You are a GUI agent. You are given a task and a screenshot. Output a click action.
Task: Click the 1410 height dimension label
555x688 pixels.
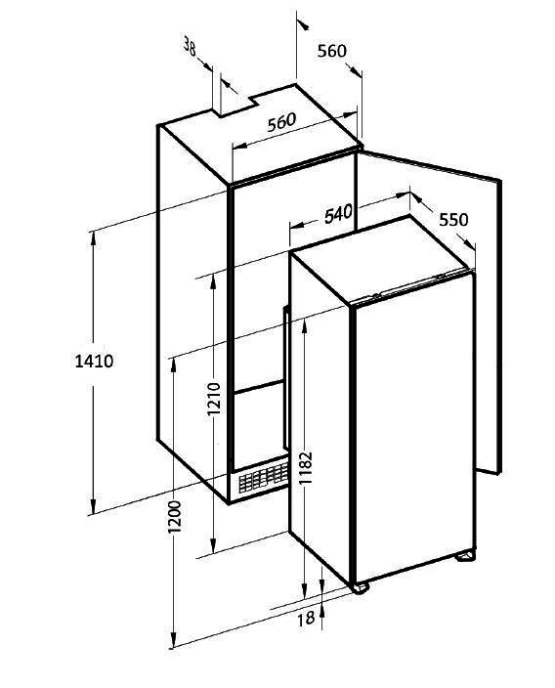[x=94, y=362]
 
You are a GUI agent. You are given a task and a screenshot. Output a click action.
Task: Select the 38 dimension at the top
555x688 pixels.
[x=190, y=47]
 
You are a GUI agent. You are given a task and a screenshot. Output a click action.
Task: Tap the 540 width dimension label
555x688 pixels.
[x=338, y=214]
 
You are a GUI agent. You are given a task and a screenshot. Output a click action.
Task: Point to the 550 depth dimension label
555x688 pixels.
[x=453, y=219]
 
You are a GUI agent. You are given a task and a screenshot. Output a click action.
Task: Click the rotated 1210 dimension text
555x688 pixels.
[x=214, y=399]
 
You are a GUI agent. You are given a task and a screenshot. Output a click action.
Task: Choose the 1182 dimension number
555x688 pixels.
[x=306, y=467]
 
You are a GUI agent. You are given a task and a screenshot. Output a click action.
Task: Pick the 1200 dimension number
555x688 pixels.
[x=174, y=516]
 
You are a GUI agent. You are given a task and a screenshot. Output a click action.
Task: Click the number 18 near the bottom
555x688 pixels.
[x=306, y=619]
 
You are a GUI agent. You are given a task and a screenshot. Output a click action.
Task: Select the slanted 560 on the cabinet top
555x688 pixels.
[x=281, y=122]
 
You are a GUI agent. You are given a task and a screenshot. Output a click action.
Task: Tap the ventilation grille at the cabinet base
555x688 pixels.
[x=263, y=477]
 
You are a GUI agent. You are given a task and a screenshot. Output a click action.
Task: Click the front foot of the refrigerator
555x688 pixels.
[x=360, y=587]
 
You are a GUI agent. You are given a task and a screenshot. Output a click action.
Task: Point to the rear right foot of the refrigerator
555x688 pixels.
[x=465, y=556]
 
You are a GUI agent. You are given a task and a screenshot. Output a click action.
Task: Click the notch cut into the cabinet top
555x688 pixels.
[x=237, y=106]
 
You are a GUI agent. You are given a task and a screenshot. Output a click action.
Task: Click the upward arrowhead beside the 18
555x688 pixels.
[x=322, y=611]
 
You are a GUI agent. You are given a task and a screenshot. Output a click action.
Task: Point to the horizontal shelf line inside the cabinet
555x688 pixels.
[x=260, y=385]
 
